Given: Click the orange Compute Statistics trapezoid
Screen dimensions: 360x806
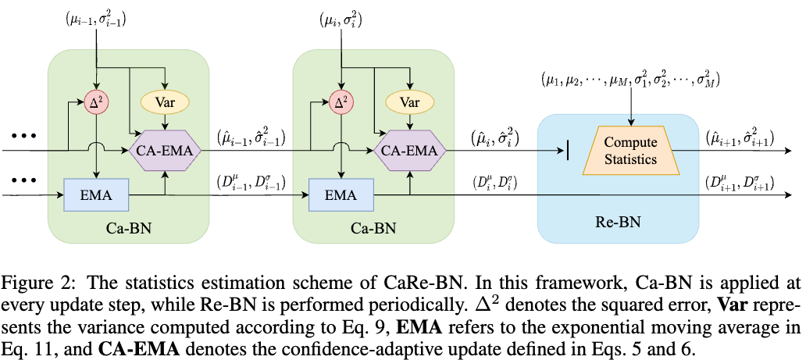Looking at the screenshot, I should pos(630,150).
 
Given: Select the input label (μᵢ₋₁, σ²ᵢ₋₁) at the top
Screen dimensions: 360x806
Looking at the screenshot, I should pos(95,18).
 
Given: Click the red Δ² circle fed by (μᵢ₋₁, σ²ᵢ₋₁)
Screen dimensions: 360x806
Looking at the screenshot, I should pos(95,102).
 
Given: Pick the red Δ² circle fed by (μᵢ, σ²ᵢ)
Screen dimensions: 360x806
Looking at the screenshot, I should pos(340,102).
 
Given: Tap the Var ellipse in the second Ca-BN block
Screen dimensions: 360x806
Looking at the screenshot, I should pos(408,102).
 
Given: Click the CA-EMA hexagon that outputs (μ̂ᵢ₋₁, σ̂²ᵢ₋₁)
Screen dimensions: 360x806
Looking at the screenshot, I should pos(165,149).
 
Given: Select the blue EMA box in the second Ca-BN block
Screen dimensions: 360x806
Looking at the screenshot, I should pos(339,194).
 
